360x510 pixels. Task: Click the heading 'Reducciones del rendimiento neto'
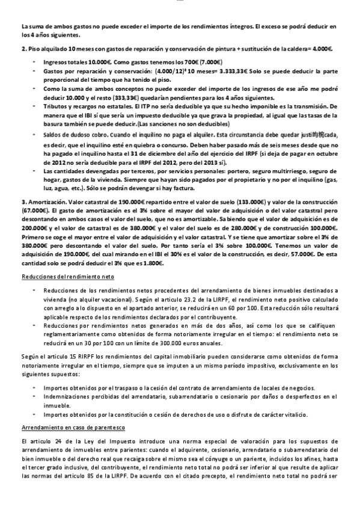pos(59,276)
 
